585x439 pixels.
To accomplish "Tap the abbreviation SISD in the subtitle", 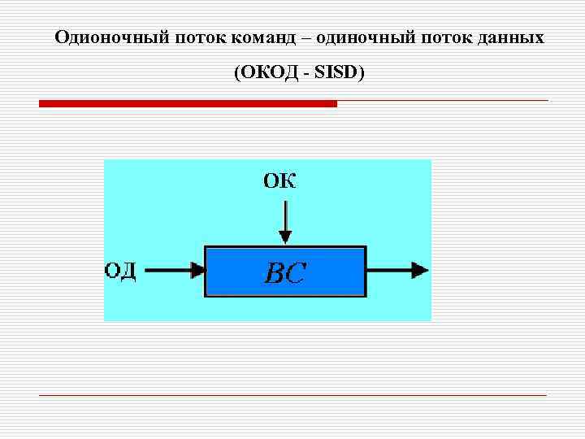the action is point(336,74).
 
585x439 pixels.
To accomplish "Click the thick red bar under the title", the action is point(188,104).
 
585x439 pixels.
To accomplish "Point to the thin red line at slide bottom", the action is point(292,395).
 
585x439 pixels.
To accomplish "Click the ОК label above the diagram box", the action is point(279,180).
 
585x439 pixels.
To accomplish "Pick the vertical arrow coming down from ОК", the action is point(284,218).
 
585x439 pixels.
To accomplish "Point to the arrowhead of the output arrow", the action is point(418,271).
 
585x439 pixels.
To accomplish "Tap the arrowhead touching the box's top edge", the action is point(284,237).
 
